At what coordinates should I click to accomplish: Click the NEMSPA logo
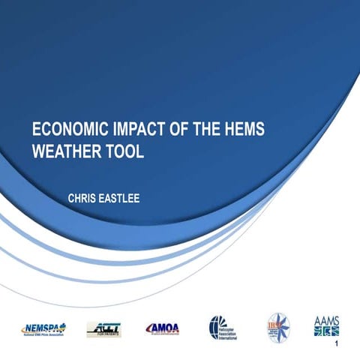pyautogui.click(x=43, y=328)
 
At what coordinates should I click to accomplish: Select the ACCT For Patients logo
pyautogui.click(x=103, y=328)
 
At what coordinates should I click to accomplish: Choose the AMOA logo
pyautogui.click(x=162, y=328)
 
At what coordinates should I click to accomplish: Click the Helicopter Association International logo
pyautogui.click(x=223, y=327)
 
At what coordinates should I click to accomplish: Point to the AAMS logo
pyautogui.click(x=326, y=325)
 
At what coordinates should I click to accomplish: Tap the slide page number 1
pyautogui.click(x=339, y=344)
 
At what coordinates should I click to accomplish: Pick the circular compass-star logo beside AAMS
pyautogui.click(x=277, y=326)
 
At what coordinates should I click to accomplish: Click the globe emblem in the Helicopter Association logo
pyautogui.click(x=214, y=327)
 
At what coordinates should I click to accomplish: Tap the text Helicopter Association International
pyautogui.click(x=230, y=328)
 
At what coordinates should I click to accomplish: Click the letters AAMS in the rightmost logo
pyautogui.click(x=326, y=319)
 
